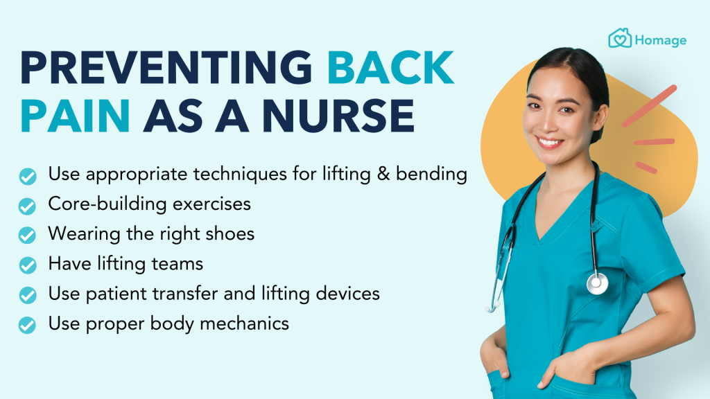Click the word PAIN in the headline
coord(74,116)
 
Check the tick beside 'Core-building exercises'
coord(27,206)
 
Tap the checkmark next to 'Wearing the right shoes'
coord(27,236)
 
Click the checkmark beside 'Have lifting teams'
coord(27,265)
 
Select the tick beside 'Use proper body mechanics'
coord(27,325)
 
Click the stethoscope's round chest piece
coord(596,283)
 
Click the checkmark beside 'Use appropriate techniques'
coord(27,176)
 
